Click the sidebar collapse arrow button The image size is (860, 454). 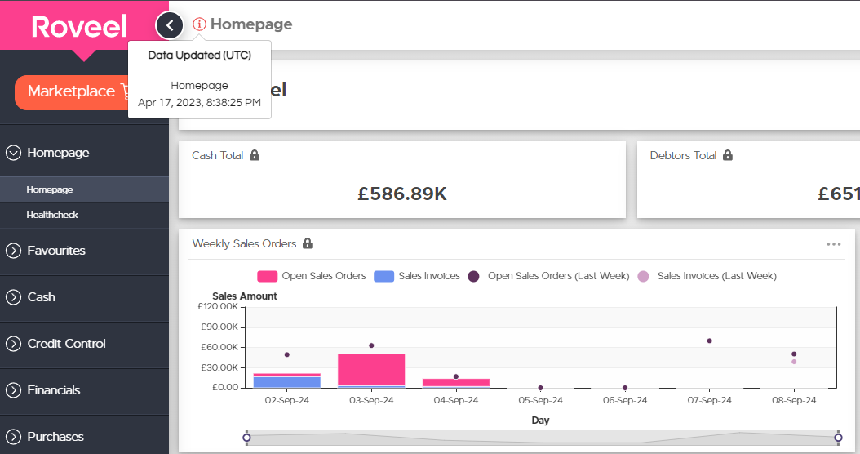click(x=170, y=25)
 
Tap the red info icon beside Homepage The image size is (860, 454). click(x=199, y=24)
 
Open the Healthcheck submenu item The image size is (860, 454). click(x=52, y=216)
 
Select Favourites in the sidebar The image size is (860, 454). click(x=56, y=251)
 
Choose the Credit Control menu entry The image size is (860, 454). click(x=66, y=344)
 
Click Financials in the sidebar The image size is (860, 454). click(x=54, y=390)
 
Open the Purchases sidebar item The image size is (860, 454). click(x=55, y=437)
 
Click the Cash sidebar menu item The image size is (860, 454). click(x=41, y=297)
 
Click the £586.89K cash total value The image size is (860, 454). click(x=402, y=194)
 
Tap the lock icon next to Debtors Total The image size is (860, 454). click(x=728, y=155)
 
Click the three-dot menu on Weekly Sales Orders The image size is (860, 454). click(x=834, y=244)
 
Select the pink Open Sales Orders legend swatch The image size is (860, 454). click(x=267, y=276)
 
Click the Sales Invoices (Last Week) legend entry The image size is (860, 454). click(x=707, y=276)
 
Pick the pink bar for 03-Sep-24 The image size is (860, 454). click(x=371, y=370)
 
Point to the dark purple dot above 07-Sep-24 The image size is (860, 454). click(x=710, y=341)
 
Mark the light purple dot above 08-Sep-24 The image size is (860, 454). click(x=794, y=362)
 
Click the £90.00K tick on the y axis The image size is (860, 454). click(x=219, y=327)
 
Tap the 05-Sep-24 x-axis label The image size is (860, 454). click(x=541, y=401)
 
